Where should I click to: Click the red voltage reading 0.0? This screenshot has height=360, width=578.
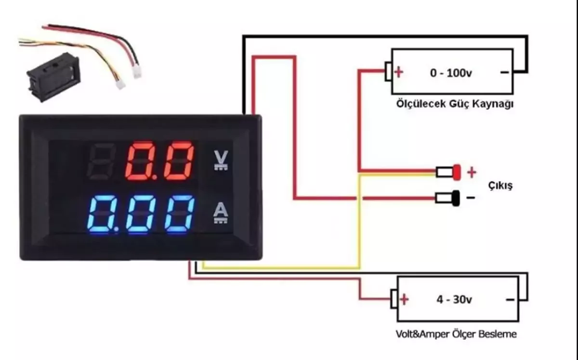tap(160, 160)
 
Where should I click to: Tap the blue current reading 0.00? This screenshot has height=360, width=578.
tap(141, 214)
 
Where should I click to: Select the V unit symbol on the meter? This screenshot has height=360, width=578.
tap(219, 160)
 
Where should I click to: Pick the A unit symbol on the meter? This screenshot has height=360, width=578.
tap(220, 213)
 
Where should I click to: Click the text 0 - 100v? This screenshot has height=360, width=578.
tap(450, 73)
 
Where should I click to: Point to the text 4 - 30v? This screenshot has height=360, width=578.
tap(454, 299)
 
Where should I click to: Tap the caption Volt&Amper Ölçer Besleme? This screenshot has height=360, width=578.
tap(456, 333)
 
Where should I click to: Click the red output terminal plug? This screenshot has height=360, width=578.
tap(455, 172)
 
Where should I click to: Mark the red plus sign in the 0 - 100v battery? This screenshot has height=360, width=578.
tap(398, 73)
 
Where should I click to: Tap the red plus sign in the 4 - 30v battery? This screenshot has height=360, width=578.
tap(404, 300)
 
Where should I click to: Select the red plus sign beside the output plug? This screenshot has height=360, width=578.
tap(472, 172)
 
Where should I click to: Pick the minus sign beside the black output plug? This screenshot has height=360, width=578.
tap(471, 197)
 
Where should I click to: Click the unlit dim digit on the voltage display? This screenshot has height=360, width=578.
tap(103, 160)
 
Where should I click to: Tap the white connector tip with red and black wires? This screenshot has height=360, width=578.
tap(137, 72)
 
